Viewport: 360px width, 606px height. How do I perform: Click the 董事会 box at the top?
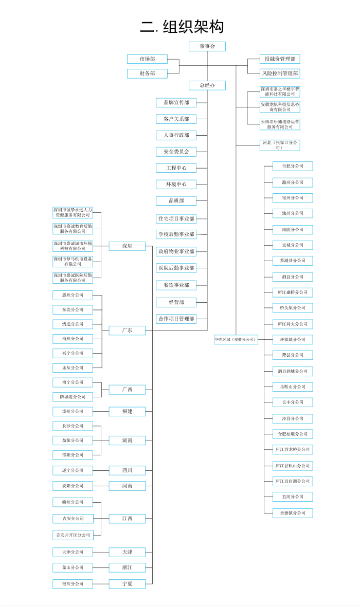click(x=207, y=46)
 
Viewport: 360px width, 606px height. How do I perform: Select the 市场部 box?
click(x=147, y=59)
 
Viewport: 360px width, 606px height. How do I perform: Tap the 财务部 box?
click(x=147, y=74)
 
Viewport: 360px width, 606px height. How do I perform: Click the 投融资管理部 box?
click(x=280, y=59)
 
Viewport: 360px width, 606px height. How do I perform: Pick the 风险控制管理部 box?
click(x=280, y=74)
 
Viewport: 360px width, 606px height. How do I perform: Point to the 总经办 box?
click(x=207, y=85)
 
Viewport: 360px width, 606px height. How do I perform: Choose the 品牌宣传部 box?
click(x=176, y=103)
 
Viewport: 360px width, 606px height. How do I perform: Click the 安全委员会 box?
click(x=176, y=152)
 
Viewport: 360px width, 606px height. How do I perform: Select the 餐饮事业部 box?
click(x=176, y=285)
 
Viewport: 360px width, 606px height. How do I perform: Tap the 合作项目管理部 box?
click(x=176, y=319)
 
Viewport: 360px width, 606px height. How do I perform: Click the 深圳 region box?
click(x=127, y=246)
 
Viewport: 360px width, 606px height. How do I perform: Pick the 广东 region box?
click(x=127, y=330)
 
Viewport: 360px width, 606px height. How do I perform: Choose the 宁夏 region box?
click(x=127, y=583)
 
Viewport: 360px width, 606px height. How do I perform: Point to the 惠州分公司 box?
click(x=73, y=295)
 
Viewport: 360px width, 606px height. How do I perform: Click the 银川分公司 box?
click(x=73, y=583)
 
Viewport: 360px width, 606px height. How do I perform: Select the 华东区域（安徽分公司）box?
click(x=236, y=340)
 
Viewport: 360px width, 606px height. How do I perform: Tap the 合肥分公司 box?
click(x=293, y=166)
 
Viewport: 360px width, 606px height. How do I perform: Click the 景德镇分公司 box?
click(x=293, y=513)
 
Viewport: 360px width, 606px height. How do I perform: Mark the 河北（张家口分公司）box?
click(x=280, y=145)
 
